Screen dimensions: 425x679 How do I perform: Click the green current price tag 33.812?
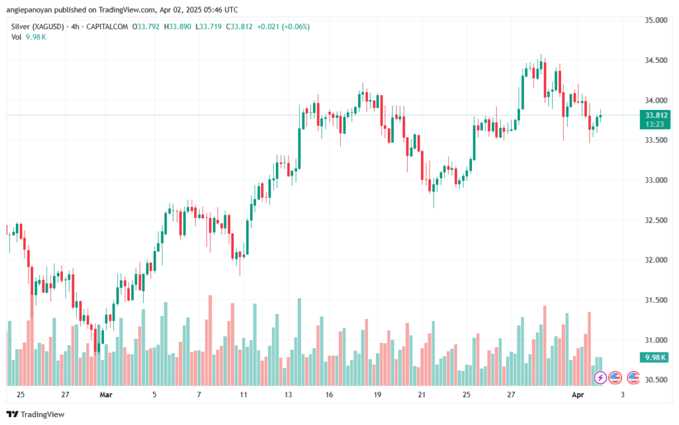pyautogui.click(x=651, y=115)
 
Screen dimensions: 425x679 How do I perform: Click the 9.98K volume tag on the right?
pyautogui.click(x=651, y=358)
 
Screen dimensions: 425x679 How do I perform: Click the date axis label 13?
pyautogui.click(x=288, y=395)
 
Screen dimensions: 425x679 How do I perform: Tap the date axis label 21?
pyautogui.click(x=422, y=395)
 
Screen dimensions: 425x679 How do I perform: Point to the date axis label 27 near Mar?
pyautogui.click(x=65, y=395)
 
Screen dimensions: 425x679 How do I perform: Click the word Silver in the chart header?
pyautogui.click(x=21, y=27)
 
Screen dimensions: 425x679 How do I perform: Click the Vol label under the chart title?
pyautogui.click(x=17, y=36)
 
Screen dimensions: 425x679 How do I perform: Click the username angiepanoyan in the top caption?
pyautogui.click(x=36, y=10)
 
